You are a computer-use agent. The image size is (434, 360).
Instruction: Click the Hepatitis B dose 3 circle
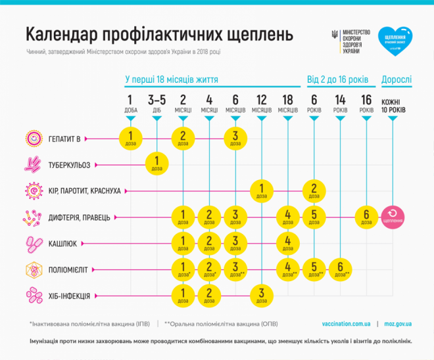[x=235, y=138]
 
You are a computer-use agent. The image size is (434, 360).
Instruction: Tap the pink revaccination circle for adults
[x=393, y=217]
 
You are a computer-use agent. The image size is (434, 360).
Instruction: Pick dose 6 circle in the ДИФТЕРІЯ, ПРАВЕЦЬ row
[x=367, y=217]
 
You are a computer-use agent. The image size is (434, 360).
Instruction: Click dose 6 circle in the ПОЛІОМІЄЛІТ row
[x=340, y=269]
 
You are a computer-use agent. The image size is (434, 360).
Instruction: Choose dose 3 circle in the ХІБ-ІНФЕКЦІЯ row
[x=262, y=295]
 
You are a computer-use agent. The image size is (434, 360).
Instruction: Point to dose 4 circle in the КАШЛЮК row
[x=288, y=243]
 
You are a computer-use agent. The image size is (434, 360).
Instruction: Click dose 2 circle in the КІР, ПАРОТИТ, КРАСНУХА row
[x=314, y=191]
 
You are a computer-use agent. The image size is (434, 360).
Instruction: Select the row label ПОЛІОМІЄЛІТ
[x=70, y=269]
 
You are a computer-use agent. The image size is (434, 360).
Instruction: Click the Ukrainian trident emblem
[x=335, y=35]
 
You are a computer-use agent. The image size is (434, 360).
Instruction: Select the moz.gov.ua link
[x=398, y=324]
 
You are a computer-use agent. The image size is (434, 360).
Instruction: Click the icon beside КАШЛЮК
[x=33, y=243]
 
